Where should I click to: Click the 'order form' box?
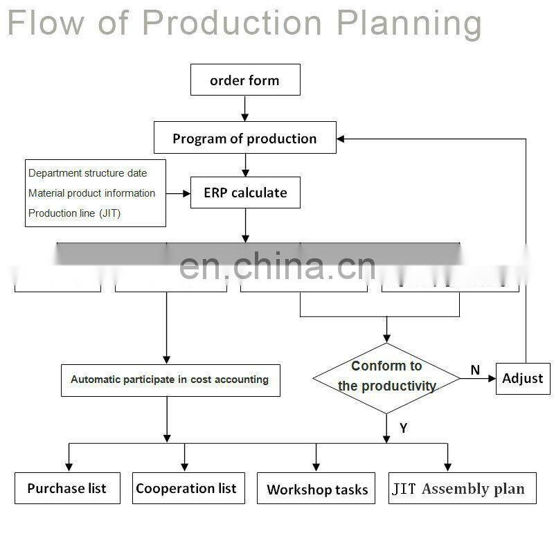pyautogui.click(x=245, y=80)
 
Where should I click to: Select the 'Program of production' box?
pyautogui.click(x=244, y=138)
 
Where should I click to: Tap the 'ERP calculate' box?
pyautogui.click(x=245, y=193)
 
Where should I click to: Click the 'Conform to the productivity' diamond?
pyautogui.click(x=386, y=377)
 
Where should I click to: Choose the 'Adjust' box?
pyautogui.click(x=523, y=378)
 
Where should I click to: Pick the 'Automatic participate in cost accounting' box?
pyautogui.click(x=170, y=380)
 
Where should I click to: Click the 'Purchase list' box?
pyautogui.click(x=67, y=488)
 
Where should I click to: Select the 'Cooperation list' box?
pyautogui.click(x=186, y=488)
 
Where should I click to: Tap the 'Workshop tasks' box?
pyautogui.click(x=317, y=490)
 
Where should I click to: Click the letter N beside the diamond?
pyautogui.click(x=475, y=370)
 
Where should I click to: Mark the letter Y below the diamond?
pyautogui.click(x=403, y=429)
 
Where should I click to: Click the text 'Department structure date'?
pyautogui.click(x=87, y=173)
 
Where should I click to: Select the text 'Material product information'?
pyautogui.click(x=91, y=193)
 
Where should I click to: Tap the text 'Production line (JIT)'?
pyautogui.click(x=74, y=213)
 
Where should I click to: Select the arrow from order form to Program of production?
pyautogui.click(x=245, y=108)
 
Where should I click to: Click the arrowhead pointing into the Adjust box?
pyautogui.click(x=492, y=378)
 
